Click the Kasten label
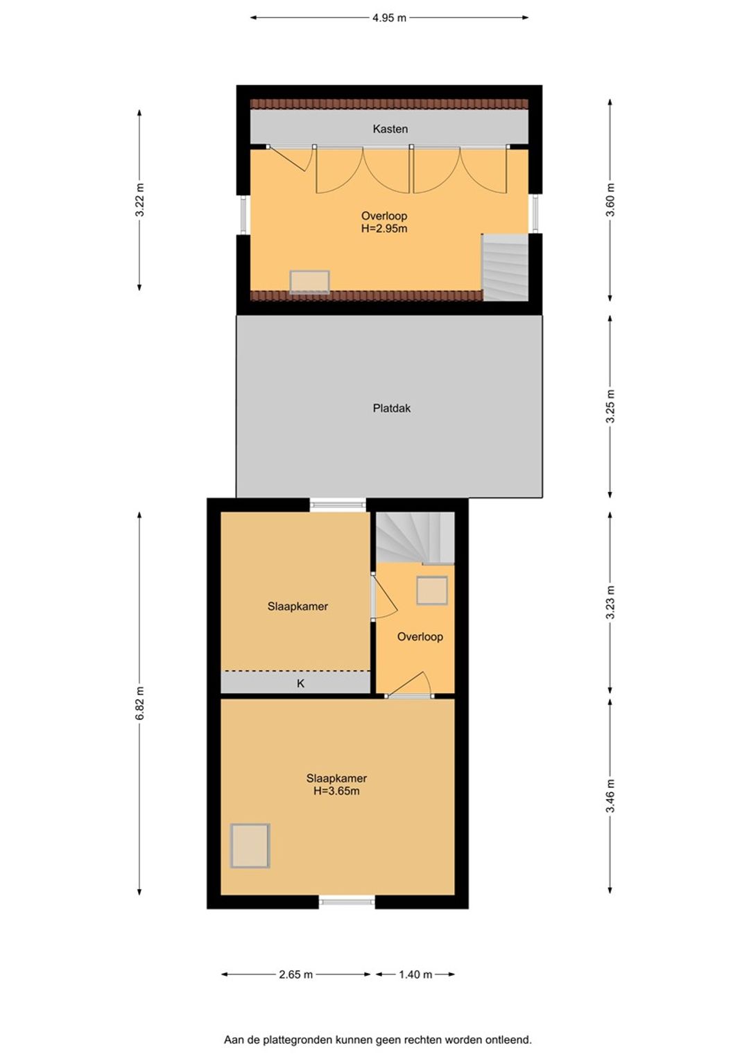pyautogui.click(x=390, y=129)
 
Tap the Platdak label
pyautogui.click(x=391, y=408)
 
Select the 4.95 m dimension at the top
pyautogui.click(x=389, y=18)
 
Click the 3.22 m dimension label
pyautogui.click(x=139, y=199)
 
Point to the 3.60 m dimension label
pyautogui.click(x=610, y=199)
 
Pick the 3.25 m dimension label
pyautogui.click(x=610, y=407)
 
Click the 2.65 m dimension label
pyautogui.click(x=295, y=974)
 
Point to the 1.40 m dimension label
pyautogui.click(x=415, y=974)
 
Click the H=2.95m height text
pyautogui.click(x=384, y=229)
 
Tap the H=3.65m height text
pyautogui.click(x=336, y=791)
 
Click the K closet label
pyautogui.click(x=300, y=683)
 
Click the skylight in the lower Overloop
pyautogui.click(x=432, y=590)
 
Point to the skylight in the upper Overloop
pyautogui.click(x=309, y=282)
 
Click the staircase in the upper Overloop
pyautogui.click(x=505, y=268)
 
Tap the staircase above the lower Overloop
pyautogui.click(x=415, y=538)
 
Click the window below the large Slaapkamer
pyautogui.click(x=346, y=902)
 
